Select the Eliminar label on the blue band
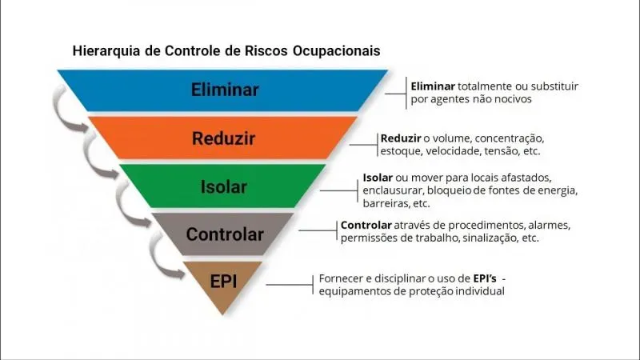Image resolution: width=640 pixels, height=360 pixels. pyautogui.click(x=225, y=90)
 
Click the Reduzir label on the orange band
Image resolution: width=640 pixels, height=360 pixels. pyautogui.click(x=224, y=138)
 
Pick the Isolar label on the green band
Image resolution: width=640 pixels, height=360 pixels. pyautogui.click(x=224, y=187)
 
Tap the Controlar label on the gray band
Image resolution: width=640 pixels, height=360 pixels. pyautogui.click(x=225, y=234)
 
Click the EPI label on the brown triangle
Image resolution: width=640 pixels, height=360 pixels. pyautogui.click(x=223, y=282)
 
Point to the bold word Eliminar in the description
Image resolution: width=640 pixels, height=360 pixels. pyautogui.click(x=433, y=86)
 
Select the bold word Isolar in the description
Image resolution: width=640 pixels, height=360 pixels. pyautogui.click(x=378, y=178)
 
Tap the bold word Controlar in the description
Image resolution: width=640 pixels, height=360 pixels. pyautogui.click(x=366, y=225)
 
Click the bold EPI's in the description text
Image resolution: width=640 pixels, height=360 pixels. pyautogui.click(x=485, y=278)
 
